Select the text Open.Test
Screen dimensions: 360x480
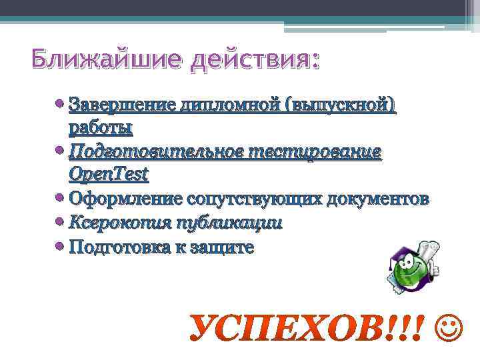click(109, 174)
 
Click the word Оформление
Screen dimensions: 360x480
click(127, 199)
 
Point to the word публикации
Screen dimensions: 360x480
click(227, 223)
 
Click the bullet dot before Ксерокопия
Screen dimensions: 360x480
click(60, 222)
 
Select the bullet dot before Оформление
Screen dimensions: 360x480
click(60, 198)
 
